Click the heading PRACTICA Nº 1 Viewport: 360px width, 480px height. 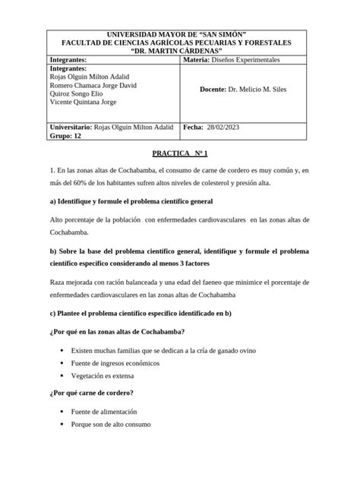(179, 153)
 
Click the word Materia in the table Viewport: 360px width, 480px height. (200, 59)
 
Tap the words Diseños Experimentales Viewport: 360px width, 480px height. (248, 59)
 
